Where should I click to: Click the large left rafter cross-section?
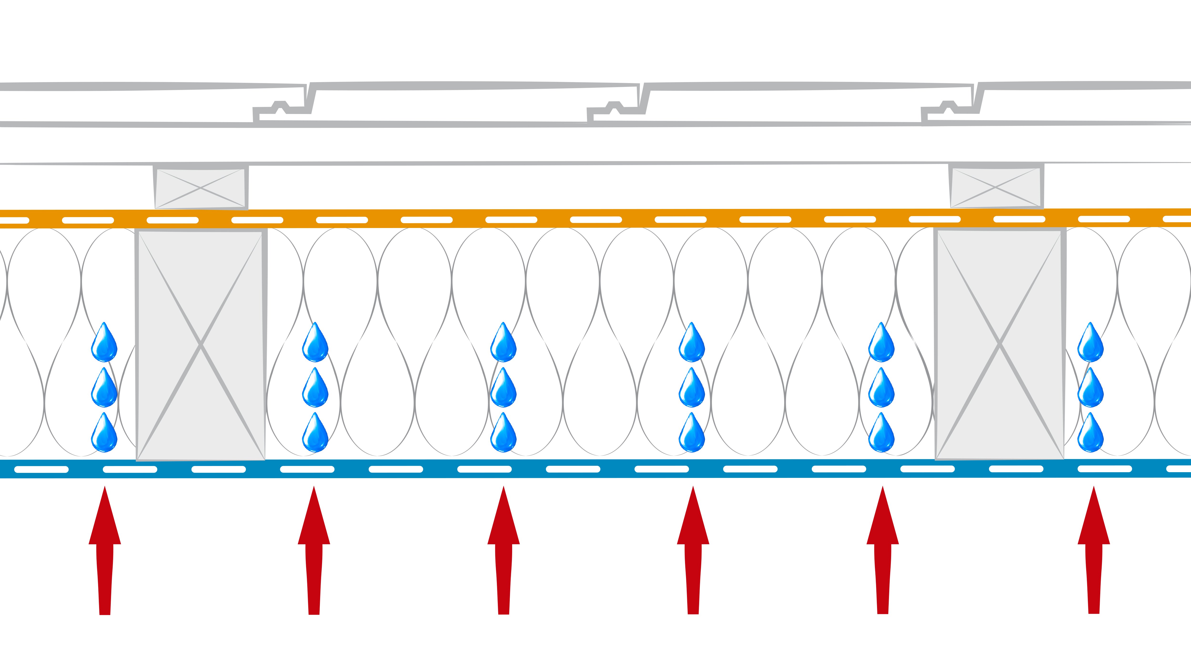tap(201, 344)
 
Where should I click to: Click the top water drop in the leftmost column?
tap(104, 342)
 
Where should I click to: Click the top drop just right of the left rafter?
tap(315, 342)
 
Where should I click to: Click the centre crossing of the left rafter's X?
tap(201, 344)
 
